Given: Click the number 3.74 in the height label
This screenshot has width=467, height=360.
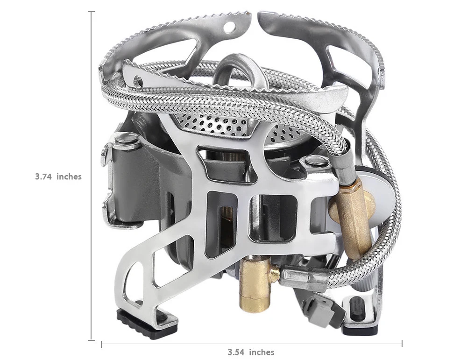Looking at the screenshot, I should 44,177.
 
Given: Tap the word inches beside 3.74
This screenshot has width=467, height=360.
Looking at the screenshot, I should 69,177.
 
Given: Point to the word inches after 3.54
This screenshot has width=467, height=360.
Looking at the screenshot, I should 262,352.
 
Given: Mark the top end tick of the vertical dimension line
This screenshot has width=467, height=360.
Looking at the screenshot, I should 91,12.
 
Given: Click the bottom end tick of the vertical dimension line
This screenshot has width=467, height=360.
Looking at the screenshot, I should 91,340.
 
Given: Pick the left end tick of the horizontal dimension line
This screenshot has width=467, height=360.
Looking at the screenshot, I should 101,344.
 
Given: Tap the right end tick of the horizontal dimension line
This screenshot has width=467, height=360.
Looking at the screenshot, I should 402,344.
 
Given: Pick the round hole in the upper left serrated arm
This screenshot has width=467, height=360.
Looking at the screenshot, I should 229,27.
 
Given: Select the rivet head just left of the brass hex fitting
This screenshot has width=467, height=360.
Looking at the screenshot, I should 315,162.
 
